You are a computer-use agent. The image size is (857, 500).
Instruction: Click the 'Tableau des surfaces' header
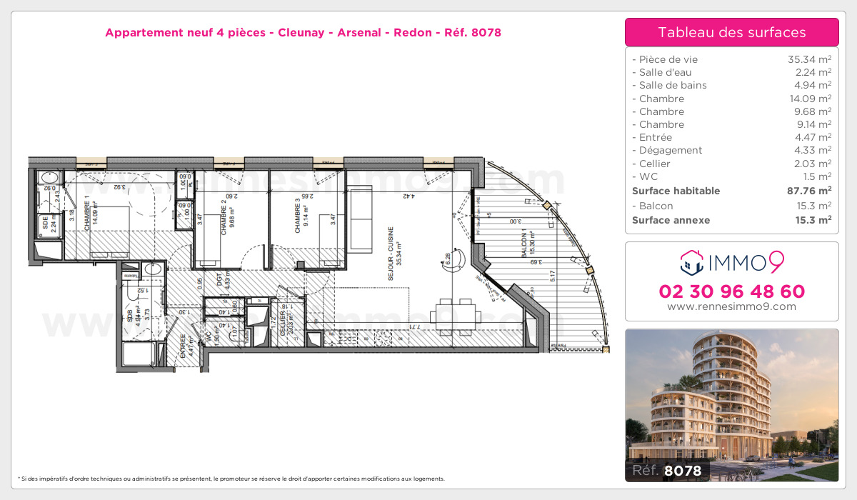pyautogui.click(x=731, y=32)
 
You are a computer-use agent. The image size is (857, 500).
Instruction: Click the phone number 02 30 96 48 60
pyautogui.click(x=731, y=291)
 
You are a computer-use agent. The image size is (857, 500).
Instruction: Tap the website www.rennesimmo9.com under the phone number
pyautogui.click(x=731, y=306)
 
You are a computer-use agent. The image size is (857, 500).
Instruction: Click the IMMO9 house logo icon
pyautogui.click(x=692, y=263)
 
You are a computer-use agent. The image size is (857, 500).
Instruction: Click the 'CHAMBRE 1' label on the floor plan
pyautogui.click(x=86, y=212)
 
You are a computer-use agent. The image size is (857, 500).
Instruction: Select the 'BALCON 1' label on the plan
pyautogui.click(x=524, y=245)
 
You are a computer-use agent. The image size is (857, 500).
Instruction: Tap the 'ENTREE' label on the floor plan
pyautogui.click(x=184, y=345)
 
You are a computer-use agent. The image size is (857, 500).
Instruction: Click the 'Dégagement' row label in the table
pyautogui.click(x=667, y=150)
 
